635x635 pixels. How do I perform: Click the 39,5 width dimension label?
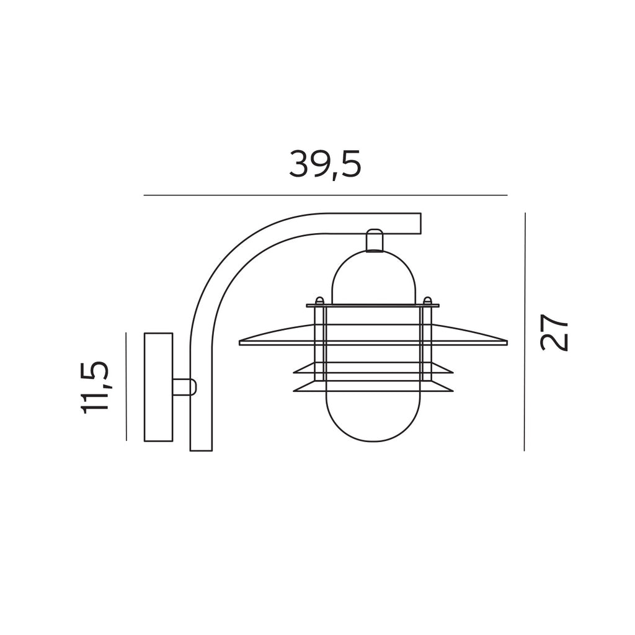coord(325,165)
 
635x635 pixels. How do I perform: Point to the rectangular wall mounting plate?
coord(159,387)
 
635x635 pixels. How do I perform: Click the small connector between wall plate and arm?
coord(185,387)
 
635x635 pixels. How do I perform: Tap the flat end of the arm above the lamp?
coord(420,223)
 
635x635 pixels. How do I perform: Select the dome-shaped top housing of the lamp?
coord(373,277)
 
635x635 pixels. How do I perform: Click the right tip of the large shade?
coord(507,342)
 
